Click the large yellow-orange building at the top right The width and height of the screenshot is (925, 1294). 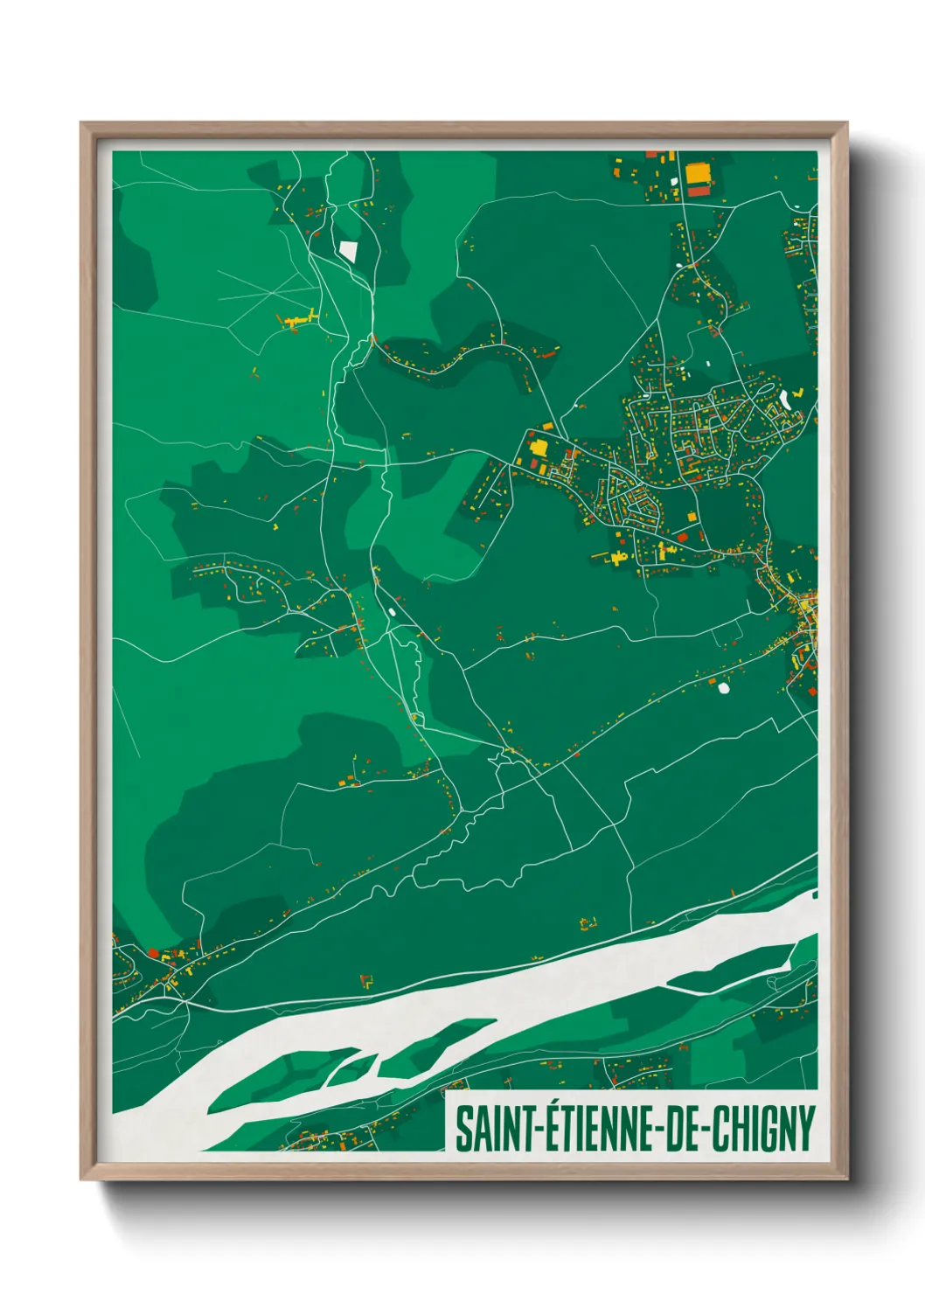click(x=698, y=172)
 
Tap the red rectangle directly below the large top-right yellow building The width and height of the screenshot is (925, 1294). click(x=699, y=190)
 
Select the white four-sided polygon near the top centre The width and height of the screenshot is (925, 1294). click(x=348, y=251)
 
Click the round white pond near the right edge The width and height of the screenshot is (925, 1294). click(x=723, y=687)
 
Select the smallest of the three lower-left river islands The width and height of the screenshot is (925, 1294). click(x=353, y=1068)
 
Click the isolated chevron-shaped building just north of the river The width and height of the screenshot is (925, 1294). click(x=367, y=981)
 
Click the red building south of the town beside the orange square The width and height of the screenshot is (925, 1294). click(x=682, y=536)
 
